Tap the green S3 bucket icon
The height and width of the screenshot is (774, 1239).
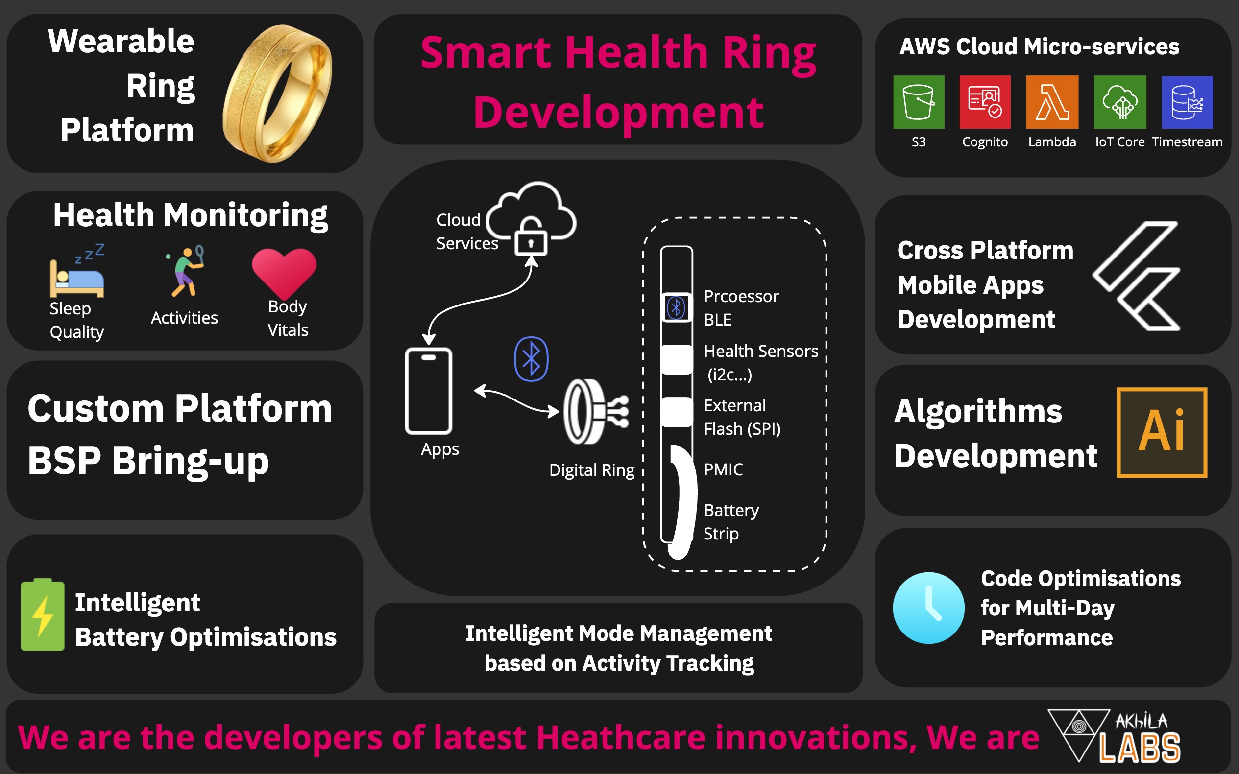(919, 102)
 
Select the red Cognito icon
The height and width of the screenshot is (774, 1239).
(985, 102)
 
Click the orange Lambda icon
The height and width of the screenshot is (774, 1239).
(1052, 102)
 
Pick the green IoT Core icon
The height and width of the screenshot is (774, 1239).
(1119, 102)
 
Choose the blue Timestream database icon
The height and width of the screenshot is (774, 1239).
(1187, 102)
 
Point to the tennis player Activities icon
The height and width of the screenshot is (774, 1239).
(184, 271)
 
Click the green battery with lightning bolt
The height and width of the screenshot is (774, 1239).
(43, 614)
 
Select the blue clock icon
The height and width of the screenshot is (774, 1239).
(928, 608)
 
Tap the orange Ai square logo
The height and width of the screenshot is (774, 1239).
(1162, 433)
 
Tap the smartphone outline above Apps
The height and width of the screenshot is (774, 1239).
(428, 391)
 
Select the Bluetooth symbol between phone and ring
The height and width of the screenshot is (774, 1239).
(531, 359)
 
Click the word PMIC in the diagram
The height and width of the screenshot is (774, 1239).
(723, 469)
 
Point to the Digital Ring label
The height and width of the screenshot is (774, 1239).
(592, 470)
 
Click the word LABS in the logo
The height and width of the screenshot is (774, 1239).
(1140, 748)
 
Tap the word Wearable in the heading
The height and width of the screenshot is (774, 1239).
(121, 41)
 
